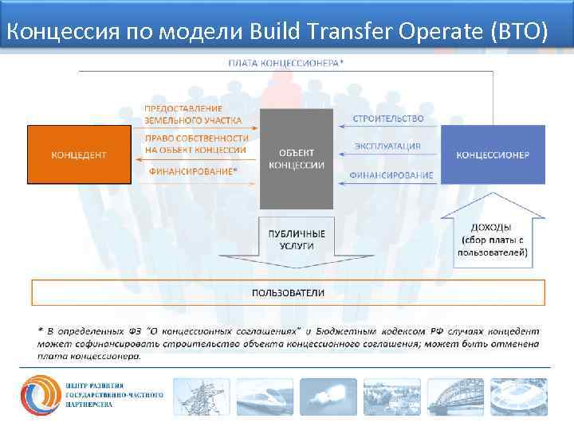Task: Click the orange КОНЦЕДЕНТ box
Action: coord(79,154)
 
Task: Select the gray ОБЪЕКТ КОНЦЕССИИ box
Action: coord(297,158)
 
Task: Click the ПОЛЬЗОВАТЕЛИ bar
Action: coord(288,292)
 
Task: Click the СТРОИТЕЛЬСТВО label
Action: coord(389,119)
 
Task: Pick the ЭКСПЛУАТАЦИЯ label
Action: coord(387,146)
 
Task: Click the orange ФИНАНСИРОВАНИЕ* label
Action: coord(194,170)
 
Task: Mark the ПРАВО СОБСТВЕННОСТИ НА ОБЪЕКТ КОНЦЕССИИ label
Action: coord(196,143)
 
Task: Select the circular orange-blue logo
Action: coord(41,395)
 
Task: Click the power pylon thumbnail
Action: coord(201,397)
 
